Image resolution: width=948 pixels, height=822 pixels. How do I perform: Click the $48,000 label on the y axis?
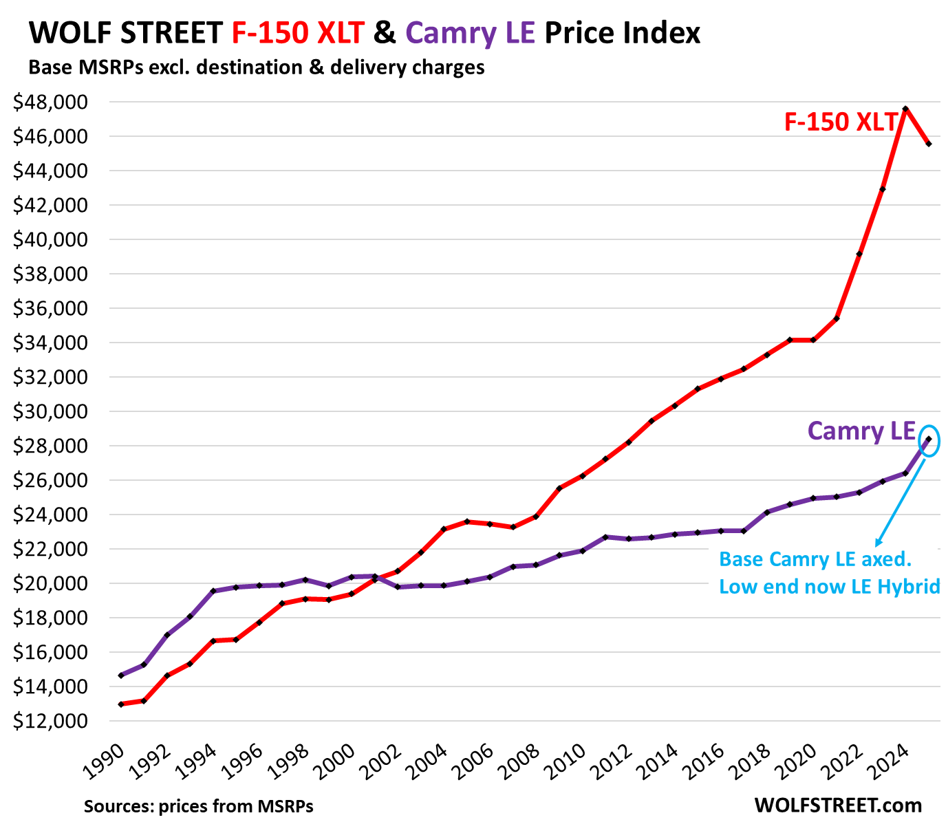[x=50, y=102]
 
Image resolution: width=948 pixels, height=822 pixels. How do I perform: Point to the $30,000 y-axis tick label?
[x=50, y=412]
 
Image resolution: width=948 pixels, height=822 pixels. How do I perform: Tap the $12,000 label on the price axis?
[x=50, y=722]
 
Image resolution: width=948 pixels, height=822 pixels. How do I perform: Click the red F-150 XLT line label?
[x=841, y=122]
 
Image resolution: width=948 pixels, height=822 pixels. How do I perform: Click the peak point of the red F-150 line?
[x=905, y=109]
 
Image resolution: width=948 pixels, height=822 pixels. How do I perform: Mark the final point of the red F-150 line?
[x=929, y=144]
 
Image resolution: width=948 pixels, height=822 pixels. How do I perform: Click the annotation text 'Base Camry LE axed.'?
[x=815, y=559]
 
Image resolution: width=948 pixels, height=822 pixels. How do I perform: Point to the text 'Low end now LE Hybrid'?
[x=829, y=587]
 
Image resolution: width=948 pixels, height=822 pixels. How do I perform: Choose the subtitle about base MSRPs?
[x=256, y=67]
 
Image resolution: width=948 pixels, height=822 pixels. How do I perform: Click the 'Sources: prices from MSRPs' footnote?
[x=199, y=805]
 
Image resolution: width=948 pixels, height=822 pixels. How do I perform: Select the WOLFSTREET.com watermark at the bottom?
[x=838, y=805]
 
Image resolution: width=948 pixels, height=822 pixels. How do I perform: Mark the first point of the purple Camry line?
[x=121, y=675]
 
